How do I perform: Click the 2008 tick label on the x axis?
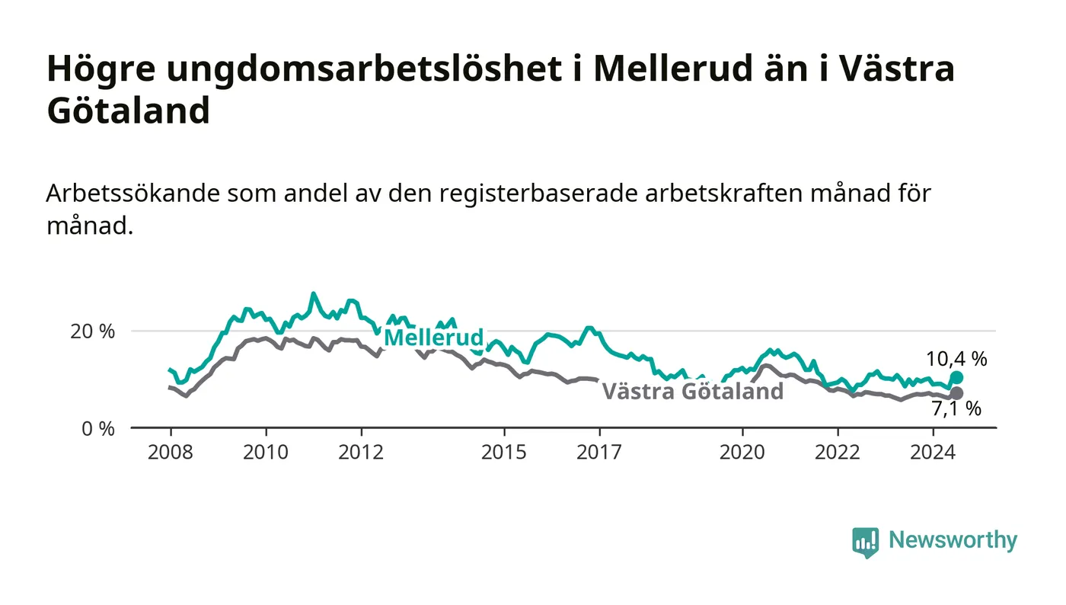pos(171,452)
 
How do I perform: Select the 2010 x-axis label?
pos(266,452)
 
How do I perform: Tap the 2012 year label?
pos(361,452)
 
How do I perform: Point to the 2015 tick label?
pos(504,452)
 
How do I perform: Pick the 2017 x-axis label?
pos(599,452)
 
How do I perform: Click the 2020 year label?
pos(742,452)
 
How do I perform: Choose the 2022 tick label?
pos(838,452)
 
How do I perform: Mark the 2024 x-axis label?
pos(933,452)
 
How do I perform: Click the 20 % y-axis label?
pos(93,331)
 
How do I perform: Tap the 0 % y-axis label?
pos(98,429)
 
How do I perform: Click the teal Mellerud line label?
pos(433,338)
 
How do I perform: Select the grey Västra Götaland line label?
pos(692,391)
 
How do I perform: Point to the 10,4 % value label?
pos(956,359)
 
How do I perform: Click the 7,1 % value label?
pos(956,408)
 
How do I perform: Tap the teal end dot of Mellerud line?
pos(956,378)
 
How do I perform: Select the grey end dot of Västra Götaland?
pos(956,393)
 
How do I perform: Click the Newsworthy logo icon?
pos(865,542)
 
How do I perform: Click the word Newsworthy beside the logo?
pos(953,540)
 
